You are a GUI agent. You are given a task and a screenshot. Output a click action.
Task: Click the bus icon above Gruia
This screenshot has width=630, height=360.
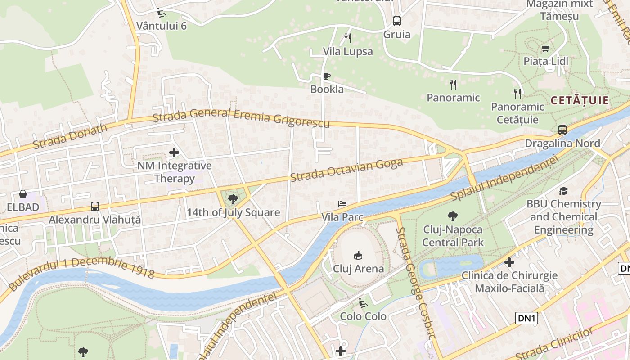[396, 21]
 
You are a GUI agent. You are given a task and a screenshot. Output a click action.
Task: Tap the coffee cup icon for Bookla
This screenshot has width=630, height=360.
[327, 76]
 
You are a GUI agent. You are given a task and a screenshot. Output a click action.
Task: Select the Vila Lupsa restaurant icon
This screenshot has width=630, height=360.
[347, 38]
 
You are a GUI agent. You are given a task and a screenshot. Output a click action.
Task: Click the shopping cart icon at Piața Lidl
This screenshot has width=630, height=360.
[545, 48]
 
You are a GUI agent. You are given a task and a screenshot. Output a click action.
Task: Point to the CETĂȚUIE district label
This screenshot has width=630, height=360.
[579, 100]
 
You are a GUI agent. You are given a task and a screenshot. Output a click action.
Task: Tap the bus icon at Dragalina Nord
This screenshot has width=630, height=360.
[562, 130]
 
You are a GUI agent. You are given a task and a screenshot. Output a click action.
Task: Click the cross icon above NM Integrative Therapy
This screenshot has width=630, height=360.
[174, 153]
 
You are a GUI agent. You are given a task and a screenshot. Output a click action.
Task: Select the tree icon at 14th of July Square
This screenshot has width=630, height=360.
[233, 199]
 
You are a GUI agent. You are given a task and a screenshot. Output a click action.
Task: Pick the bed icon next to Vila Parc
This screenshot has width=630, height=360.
[342, 204]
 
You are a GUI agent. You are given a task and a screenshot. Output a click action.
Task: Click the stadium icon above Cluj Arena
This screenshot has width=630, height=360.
[358, 255]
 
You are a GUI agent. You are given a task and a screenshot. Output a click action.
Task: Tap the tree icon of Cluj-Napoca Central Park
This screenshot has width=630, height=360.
[453, 216]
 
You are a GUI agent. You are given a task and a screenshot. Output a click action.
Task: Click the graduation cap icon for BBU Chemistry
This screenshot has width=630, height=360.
[564, 191]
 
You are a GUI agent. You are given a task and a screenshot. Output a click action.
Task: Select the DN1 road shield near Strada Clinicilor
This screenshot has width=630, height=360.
[526, 318]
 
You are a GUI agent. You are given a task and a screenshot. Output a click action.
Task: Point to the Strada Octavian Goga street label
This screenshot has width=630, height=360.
[346, 170]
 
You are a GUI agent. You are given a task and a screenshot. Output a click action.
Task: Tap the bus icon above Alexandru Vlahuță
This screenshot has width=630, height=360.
[95, 207]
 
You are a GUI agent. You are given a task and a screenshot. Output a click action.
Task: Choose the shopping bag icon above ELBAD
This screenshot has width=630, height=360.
[23, 194]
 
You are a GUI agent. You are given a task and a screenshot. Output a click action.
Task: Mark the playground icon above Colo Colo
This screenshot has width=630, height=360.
[363, 303]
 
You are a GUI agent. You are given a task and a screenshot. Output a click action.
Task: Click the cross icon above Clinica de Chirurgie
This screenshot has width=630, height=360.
[509, 262]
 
